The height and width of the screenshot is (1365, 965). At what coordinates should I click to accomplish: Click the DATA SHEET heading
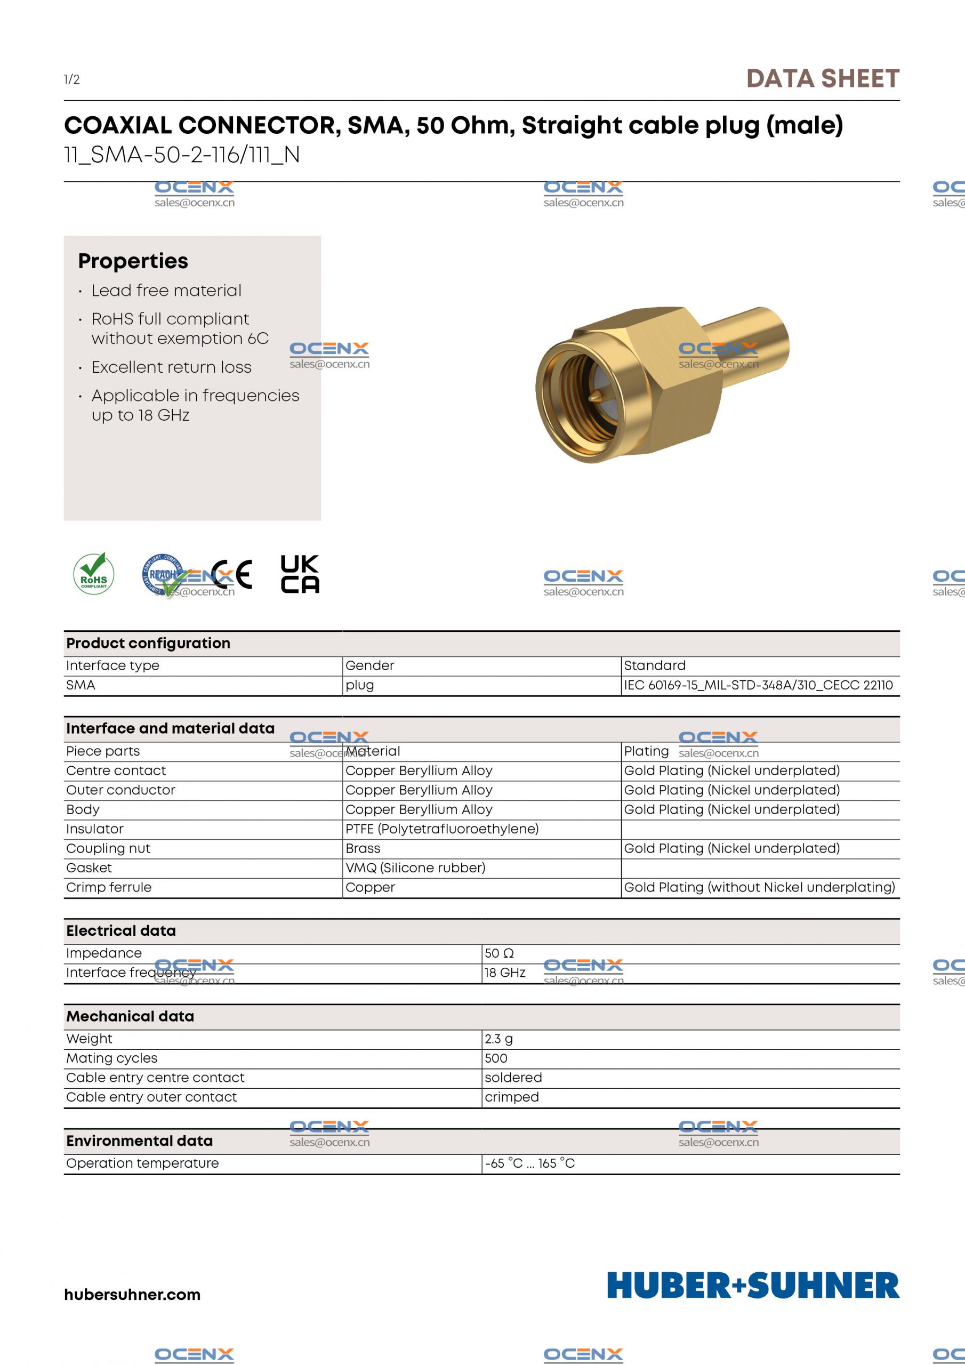pos(822,79)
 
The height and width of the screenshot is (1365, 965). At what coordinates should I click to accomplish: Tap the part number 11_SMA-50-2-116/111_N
pos(182,155)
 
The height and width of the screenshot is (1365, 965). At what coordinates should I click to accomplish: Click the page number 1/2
pos(72,79)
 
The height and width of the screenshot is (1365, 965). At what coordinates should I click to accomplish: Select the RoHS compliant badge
pos(94,574)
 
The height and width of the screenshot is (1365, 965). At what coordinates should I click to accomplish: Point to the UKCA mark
pos(300,574)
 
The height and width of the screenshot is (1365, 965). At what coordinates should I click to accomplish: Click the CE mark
pos(232,574)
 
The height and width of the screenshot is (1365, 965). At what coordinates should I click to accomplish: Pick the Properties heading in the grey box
pos(133,261)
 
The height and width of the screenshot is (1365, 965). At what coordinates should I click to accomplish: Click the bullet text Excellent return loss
pos(171,367)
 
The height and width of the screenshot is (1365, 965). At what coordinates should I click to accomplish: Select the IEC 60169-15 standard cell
pos(758,685)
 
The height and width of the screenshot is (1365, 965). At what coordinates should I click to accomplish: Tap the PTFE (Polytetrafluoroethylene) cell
pos(442,829)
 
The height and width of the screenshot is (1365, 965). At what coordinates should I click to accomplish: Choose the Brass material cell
pos(363,848)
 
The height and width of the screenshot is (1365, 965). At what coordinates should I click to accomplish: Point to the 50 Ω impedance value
pos(499,953)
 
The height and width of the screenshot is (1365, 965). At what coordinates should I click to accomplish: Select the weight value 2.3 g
pos(498,1039)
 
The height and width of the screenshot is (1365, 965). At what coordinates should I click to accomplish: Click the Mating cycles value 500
pos(496,1058)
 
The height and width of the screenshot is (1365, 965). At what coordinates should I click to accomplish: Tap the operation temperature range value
pos(530,1163)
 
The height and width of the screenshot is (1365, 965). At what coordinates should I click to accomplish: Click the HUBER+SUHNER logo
pos(753,1286)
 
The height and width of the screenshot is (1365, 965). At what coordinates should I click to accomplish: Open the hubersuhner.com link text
pos(132,1294)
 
